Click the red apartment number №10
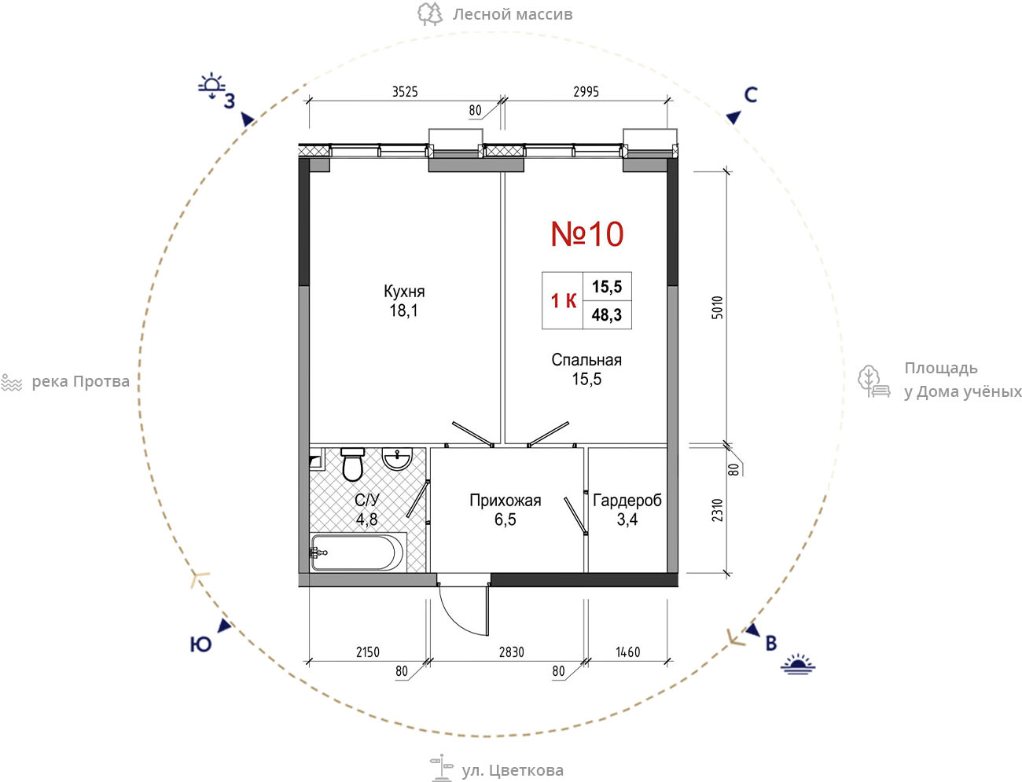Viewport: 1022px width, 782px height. (x=586, y=233)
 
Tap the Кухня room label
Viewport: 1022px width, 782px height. (x=404, y=292)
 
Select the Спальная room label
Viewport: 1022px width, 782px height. (x=586, y=360)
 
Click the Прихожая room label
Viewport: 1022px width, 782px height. (x=505, y=501)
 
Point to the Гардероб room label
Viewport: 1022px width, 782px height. (x=627, y=501)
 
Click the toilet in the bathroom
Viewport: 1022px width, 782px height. (x=352, y=464)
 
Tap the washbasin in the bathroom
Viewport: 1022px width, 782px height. (x=397, y=459)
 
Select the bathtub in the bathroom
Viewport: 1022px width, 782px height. (x=357, y=553)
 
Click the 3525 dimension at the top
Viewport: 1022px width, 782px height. (x=405, y=92)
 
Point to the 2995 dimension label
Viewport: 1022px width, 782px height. (x=586, y=92)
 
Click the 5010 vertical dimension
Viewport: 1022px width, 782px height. (x=718, y=307)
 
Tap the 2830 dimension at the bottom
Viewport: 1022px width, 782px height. (x=511, y=652)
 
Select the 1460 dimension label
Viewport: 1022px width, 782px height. (x=627, y=652)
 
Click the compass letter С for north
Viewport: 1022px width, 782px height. (x=751, y=95)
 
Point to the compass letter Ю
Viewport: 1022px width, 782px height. (x=200, y=644)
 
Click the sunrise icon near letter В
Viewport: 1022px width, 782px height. (x=798, y=664)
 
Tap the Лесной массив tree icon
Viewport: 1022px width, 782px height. (x=430, y=13)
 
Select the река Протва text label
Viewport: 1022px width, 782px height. (x=80, y=382)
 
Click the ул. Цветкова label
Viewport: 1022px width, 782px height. (x=513, y=770)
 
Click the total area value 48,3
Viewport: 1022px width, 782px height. (x=607, y=315)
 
